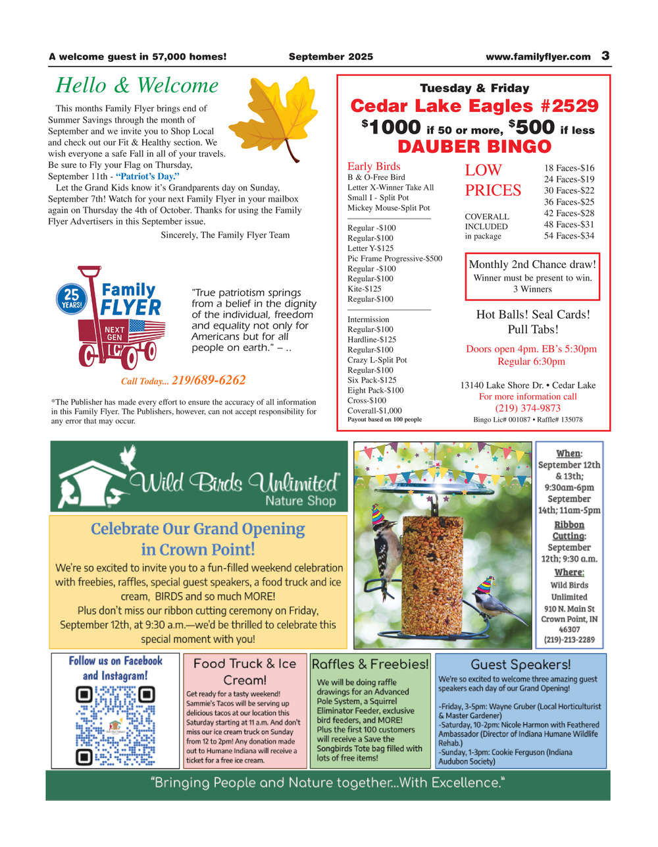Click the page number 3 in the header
tap(605, 56)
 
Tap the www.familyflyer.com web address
tap(538, 57)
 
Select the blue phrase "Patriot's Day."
tap(148, 177)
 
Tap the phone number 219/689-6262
tap(209, 380)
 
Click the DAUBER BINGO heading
tap(474, 146)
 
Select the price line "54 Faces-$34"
tap(569, 236)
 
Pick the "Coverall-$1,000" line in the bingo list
tap(374, 410)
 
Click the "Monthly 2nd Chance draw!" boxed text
tap(532, 265)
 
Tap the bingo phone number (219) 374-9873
tap(528, 408)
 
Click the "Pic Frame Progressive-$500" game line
tap(395, 259)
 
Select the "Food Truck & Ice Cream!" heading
tap(245, 671)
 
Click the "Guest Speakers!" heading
tap(520, 665)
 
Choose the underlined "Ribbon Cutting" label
tap(569, 530)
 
